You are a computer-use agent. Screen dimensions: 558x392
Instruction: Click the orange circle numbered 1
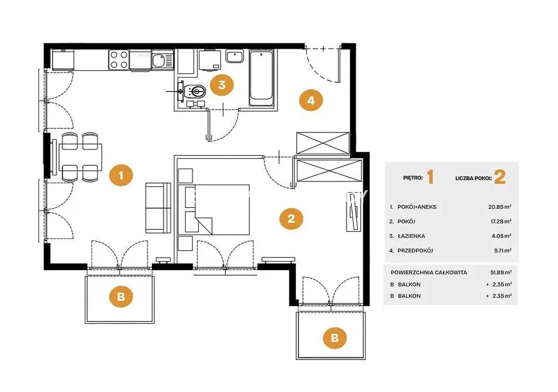click(121, 175)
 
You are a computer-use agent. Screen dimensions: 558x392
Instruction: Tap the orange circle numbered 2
click(291, 218)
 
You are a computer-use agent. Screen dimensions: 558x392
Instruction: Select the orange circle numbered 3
click(222, 85)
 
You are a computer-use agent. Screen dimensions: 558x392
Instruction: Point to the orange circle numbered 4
click(311, 100)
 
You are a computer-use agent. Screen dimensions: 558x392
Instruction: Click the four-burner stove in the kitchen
click(119, 59)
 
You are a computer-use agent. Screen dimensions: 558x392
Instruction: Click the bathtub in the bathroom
click(261, 78)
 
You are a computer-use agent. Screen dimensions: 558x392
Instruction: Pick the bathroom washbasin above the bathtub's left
click(235, 56)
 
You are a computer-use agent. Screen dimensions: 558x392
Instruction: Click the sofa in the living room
click(158, 208)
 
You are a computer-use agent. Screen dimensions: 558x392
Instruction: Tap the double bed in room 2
click(214, 210)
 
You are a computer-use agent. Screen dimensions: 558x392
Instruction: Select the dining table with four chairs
click(80, 157)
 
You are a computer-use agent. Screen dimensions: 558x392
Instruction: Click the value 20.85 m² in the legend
click(500, 207)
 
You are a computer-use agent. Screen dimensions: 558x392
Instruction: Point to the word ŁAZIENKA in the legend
click(411, 236)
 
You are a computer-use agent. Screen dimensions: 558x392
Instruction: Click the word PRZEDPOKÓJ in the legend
click(415, 251)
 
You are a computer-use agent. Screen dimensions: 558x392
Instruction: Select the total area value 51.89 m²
click(501, 273)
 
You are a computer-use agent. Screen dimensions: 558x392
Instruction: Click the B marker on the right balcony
click(334, 337)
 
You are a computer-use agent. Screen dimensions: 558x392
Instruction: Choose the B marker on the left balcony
click(121, 296)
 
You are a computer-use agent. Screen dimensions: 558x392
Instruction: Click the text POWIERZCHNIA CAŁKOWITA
click(429, 273)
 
